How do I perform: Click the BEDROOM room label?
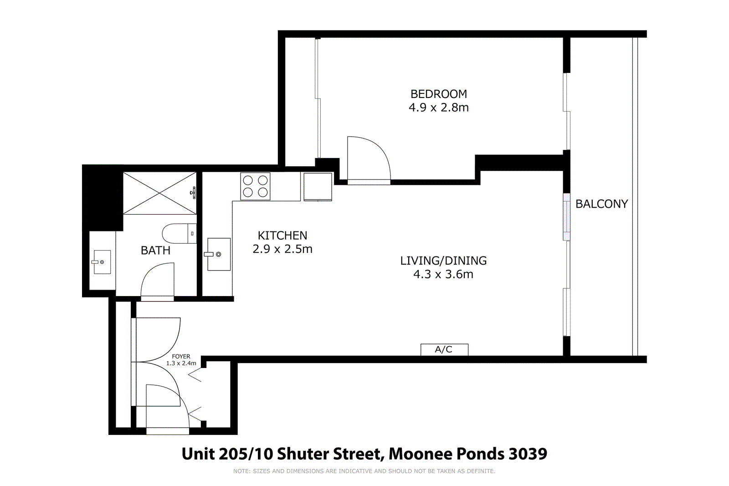pyautogui.click(x=438, y=94)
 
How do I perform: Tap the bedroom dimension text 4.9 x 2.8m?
pyautogui.click(x=438, y=107)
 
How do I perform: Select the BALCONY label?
pyautogui.click(x=601, y=204)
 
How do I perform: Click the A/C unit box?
pyautogui.click(x=444, y=349)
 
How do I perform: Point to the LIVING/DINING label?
pyautogui.click(x=443, y=261)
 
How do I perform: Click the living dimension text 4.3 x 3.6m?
pyautogui.click(x=443, y=274)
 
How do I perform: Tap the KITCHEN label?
pyautogui.click(x=282, y=235)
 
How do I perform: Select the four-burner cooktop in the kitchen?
pyautogui.click(x=255, y=186)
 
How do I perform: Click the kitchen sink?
pyautogui.click(x=219, y=254)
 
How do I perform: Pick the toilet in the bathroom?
pyautogui.click(x=179, y=233)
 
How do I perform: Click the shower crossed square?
pyautogui.click(x=159, y=193)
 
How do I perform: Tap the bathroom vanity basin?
pyautogui.click(x=102, y=262)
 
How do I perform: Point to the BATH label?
pyautogui.click(x=155, y=251)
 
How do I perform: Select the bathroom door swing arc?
pyautogui.click(x=157, y=281)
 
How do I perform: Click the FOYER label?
pyautogui.click(x=181, y=357)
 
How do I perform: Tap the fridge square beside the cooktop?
pyautogui.click(x=318, y=186)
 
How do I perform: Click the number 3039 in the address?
pyautogui.click(x=528, y=454)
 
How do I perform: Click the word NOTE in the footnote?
pyautogui.click(x=241, y=471)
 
